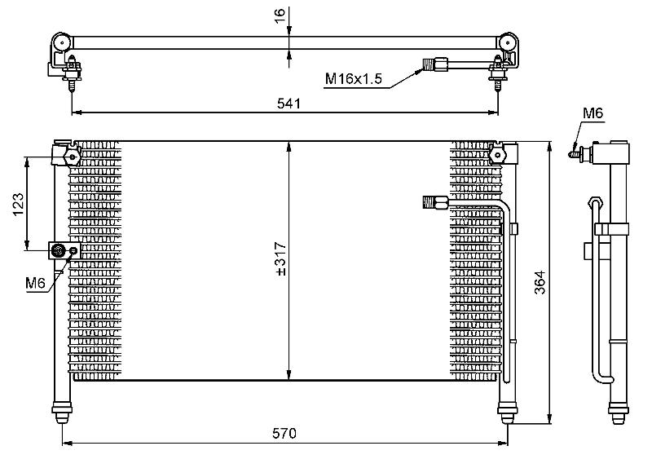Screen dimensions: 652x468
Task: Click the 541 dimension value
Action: pyautogui.click(x=289, y=103)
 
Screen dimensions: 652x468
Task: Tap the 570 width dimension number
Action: pyautogui.click(x=284, y=434)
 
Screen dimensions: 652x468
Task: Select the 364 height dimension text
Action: pyautogui.click(x=540, y=282)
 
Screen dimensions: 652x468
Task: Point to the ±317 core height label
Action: pyautogui.click(x=281, y=258)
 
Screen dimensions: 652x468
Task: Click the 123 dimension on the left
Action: pyautogui.click(x=18, y=205)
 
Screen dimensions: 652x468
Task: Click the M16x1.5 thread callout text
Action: pyautogui.click(x=353, y=78)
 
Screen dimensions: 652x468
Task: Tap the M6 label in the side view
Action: pyautogui.click(x=593, y=113)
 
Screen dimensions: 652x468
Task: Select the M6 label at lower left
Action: pyautogui.click(x=35, y=283)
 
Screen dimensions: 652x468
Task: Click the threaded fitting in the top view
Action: pyautogui.click(x=435, y=64)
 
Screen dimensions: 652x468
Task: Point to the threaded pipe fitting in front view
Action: pyautogui.click(x=435, y=202)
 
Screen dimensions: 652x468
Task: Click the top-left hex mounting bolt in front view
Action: pyautogui.click(x=73, y=157)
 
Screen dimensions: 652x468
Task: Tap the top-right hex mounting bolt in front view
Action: pyautogui.click(x=497, y=156)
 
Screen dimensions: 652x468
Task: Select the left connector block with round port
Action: pyautogui.click(x=64, y=250)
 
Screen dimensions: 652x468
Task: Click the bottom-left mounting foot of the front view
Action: pyautogui.click(x=62, y=413)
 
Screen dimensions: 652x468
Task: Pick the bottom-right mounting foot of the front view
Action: pyautogui.click(x=507, y=413)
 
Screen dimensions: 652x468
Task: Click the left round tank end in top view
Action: pyautogui.click(x=62, y=42)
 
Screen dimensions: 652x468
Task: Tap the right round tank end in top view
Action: pyautogui.click(x=507, y=42)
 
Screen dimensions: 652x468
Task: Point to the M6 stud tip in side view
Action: pyautogui.click(x=569, y=155)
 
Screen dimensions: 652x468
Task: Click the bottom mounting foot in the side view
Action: pyautogui.click(x=619, y=413)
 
